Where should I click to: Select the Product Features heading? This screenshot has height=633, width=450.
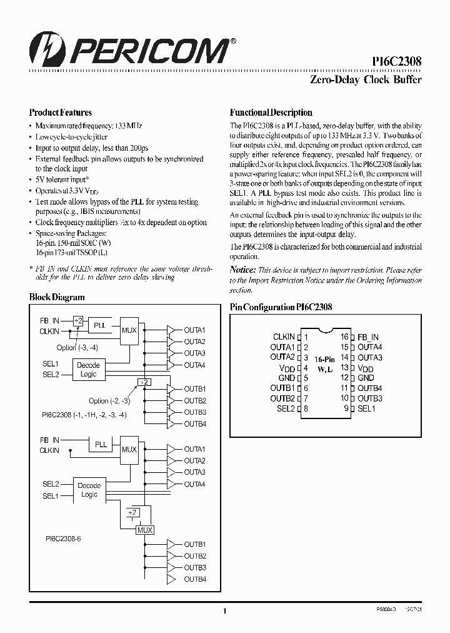61,113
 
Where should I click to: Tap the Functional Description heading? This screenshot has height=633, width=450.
271,113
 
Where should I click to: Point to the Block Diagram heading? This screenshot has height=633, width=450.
57,298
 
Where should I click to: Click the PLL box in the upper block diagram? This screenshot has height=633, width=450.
100,326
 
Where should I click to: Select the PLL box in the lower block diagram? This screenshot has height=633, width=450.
100,444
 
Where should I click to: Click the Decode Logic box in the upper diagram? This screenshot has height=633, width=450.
89,370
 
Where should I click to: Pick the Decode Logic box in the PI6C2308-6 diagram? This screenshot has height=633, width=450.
89,490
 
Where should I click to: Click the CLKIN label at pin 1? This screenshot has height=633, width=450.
284,337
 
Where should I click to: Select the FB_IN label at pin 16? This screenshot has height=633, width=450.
368,337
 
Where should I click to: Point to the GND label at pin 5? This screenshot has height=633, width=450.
287,378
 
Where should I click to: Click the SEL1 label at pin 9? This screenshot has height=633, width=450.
366,408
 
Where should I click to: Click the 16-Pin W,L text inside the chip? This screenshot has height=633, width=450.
325,365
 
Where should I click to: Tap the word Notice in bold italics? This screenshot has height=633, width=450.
243,270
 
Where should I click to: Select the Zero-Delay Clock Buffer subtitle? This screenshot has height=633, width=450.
366,79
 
